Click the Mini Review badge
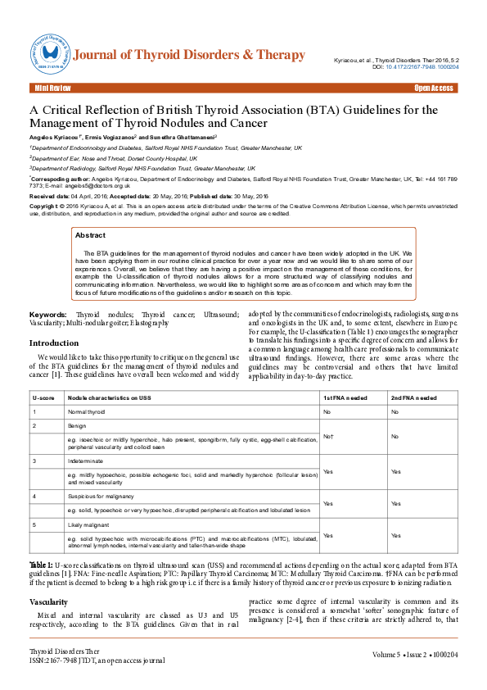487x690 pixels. point(52,88)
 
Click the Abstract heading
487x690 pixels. point(90,236)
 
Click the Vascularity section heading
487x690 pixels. point(48,601)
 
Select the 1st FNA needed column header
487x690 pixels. point(345,397)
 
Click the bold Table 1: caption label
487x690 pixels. point(41,565)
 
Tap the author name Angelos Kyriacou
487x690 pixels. point(59,137)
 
